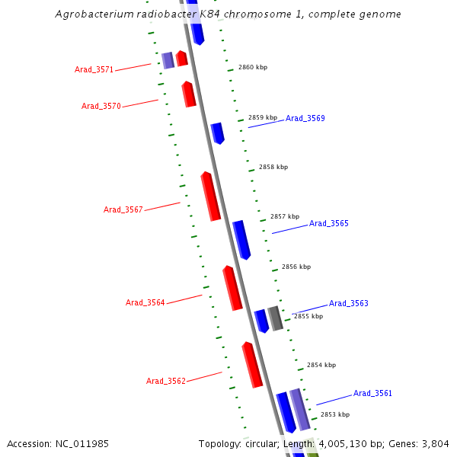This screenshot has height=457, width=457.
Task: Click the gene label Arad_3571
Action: click(94, 70)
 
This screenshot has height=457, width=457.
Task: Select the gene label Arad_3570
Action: click(101, 107)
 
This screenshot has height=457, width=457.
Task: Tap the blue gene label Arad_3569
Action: click(305, 119)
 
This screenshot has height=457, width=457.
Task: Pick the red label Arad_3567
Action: click(123, 210)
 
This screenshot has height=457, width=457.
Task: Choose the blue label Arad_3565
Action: click(329, 224)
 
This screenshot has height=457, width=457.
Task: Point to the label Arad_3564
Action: click(145, 303)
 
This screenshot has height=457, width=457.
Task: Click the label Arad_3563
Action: click(349, 304)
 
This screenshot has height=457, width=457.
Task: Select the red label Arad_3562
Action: click(165, 382)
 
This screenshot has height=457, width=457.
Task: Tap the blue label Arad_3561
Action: click(373, 394)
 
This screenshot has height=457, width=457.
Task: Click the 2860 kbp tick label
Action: click(253, 68)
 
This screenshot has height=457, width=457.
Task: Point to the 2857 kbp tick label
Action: click(285, 216)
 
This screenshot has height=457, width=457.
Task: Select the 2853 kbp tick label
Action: click(335, 415)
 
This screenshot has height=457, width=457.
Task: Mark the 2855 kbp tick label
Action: click(308, 316)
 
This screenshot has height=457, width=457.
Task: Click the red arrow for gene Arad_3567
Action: click(210, 197)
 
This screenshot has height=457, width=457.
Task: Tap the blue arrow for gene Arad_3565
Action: click(241, 240)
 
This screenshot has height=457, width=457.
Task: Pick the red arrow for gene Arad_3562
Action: click(252, 365)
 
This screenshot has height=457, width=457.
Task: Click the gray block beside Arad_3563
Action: click(275, 318)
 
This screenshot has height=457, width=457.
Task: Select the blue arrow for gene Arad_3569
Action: click(217, 133)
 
